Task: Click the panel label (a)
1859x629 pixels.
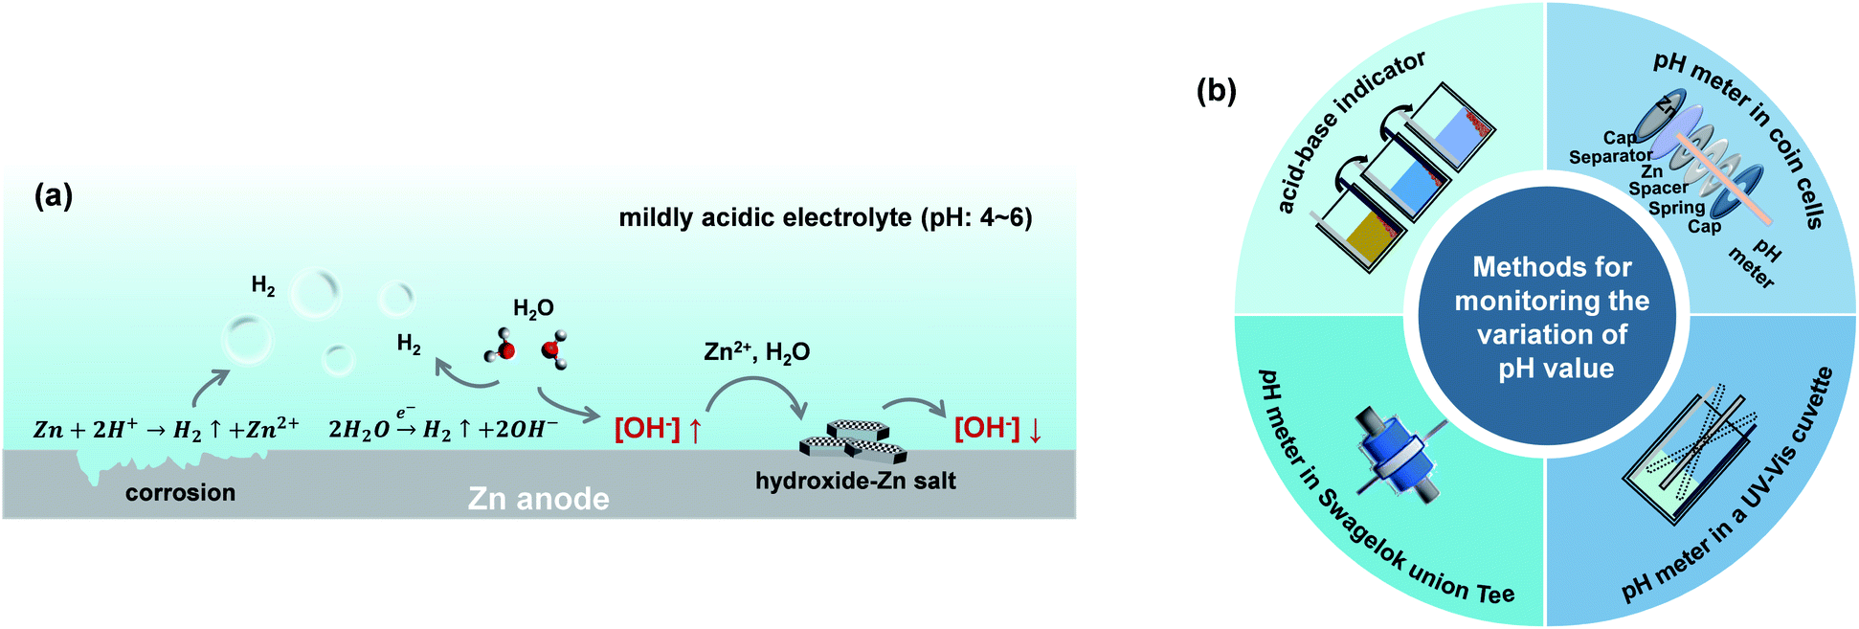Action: click(54, 196)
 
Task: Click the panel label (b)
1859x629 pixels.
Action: click(1216, 91)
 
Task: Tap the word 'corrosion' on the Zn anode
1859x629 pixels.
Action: click(180, 493)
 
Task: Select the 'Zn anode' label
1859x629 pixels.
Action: click(538, 499)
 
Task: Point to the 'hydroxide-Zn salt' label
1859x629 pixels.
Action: click(855, 481)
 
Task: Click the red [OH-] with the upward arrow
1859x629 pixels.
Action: click(658, 429)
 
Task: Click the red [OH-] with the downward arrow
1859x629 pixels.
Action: click(998, 428)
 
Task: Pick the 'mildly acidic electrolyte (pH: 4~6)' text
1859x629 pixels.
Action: click(825, 218)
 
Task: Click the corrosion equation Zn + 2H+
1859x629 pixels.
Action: click(166, 429)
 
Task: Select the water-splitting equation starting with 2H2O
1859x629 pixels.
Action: click(443, 429)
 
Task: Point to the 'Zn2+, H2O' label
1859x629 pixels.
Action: click(756, 352)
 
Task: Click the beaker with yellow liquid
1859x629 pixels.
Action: click(1372, 236)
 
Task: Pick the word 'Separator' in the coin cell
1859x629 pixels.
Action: click(1610, 156)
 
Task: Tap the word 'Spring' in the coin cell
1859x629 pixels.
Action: click(1676, 207)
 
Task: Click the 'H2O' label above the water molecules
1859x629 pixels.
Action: click(533, 308)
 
